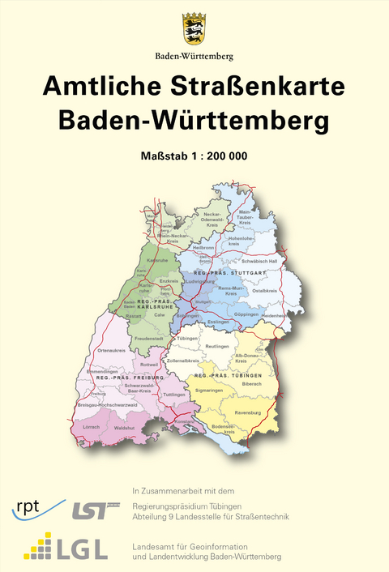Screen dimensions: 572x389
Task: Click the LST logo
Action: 88,510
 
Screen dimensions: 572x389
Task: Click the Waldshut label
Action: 125,426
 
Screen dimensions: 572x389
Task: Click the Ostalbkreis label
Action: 266,289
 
